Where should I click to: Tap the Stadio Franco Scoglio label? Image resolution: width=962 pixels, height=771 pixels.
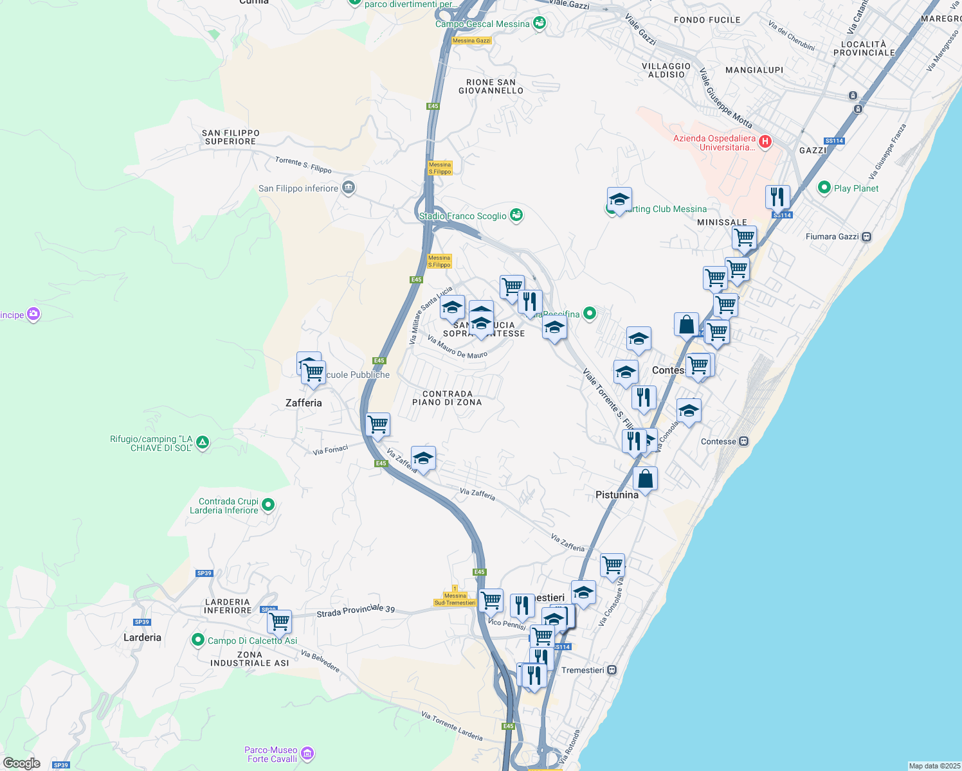point(463,217)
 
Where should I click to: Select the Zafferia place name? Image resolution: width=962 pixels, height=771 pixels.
point(304,403)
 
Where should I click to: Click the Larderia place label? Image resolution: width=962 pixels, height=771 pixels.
point(142,637)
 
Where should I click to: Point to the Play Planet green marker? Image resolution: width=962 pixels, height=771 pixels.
point(824,188)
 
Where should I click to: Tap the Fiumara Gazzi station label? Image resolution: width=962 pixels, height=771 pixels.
point(832,236)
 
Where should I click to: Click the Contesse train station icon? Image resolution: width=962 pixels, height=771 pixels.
point(743,441)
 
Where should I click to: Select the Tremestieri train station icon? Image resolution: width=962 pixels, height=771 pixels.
point(612,670)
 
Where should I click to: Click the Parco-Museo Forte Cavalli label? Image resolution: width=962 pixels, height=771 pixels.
point(271,754)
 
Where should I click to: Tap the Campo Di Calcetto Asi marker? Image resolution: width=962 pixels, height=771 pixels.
point(197,640)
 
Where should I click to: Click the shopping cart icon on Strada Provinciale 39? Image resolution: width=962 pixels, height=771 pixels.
point(279,621)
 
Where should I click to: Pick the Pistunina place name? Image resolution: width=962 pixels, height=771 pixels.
point(617,495)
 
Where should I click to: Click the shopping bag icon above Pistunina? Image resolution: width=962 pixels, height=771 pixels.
point(645,479)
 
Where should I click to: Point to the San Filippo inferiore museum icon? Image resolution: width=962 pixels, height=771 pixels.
point(348,188)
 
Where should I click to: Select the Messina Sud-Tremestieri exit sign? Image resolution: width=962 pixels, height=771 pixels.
point(455,599)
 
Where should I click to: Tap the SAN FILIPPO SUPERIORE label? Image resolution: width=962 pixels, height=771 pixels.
point(231,137)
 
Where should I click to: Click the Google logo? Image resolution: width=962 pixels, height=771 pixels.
point(21,763)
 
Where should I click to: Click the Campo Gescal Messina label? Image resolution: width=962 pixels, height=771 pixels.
point(482,24)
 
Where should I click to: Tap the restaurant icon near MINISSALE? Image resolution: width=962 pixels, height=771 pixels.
point(777,197)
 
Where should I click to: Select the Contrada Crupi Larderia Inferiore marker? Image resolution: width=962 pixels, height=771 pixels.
point(269,505)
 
